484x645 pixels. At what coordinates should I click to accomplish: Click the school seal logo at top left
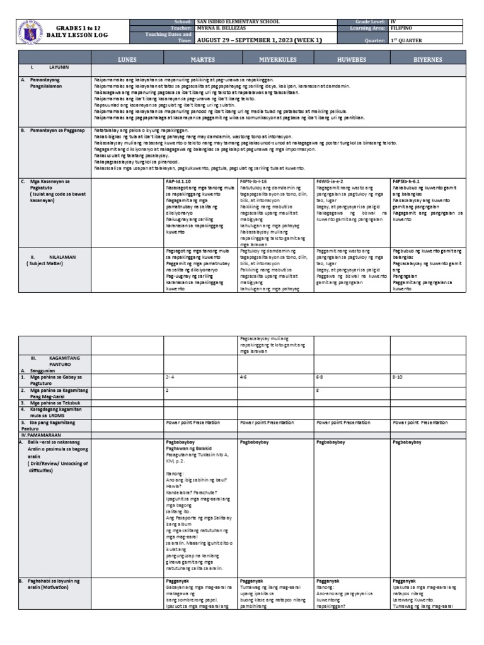(x=32, y=32)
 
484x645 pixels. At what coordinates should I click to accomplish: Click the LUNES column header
(x=127, y=59)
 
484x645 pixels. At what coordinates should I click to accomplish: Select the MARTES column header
(x=201, y=59)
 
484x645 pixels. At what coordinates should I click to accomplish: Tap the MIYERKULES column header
(x=276, y=59)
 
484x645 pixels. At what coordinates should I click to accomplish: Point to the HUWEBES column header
(x=352, y=59)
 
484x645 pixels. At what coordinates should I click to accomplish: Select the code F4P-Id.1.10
(x=179, y=181)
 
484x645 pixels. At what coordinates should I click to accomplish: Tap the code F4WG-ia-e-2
(x=331, y=181)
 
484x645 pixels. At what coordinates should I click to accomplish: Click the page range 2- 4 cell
(x=170, y=377)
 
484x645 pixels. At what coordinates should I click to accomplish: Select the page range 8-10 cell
(x=398, y=377)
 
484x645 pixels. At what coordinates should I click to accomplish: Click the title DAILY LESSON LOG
(x=82, y=35)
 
